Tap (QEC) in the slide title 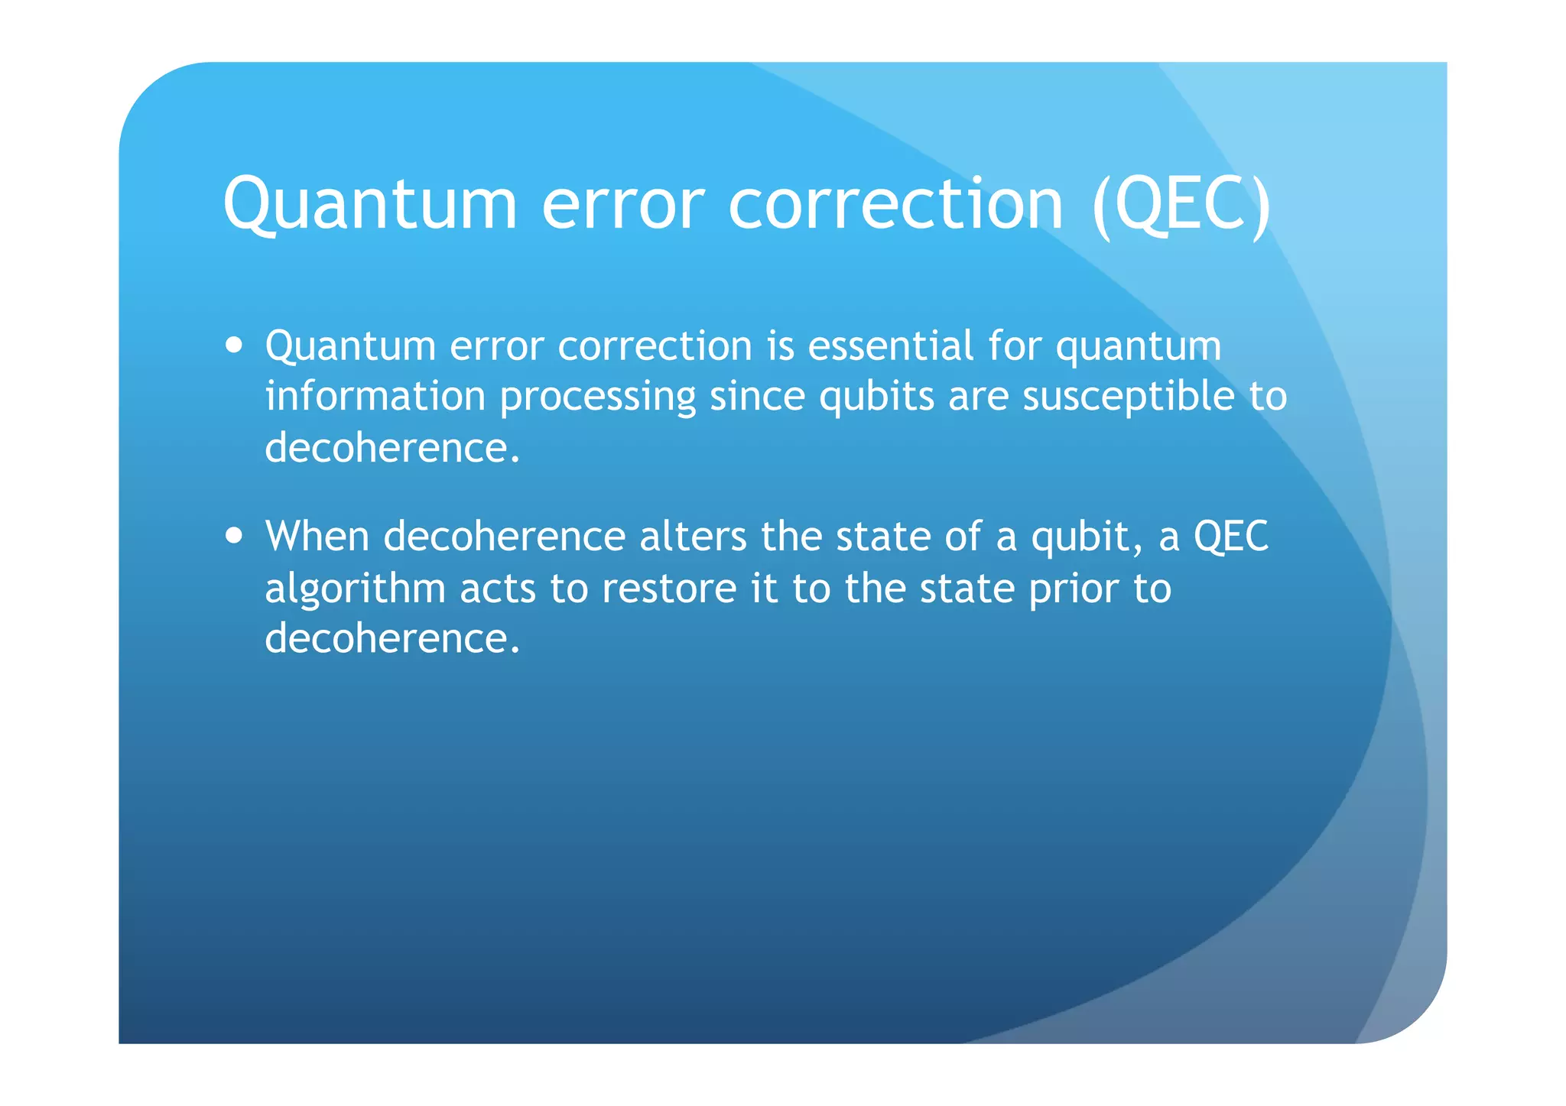point(1181,204)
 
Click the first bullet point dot point(235,345)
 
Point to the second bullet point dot point(235,535)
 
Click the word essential point(890,345)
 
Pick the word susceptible point(1129,397)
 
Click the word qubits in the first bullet point(876,397)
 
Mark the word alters point(693,536)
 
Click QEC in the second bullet point(1231,537)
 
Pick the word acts point(498,589)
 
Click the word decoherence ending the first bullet point(392,448)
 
